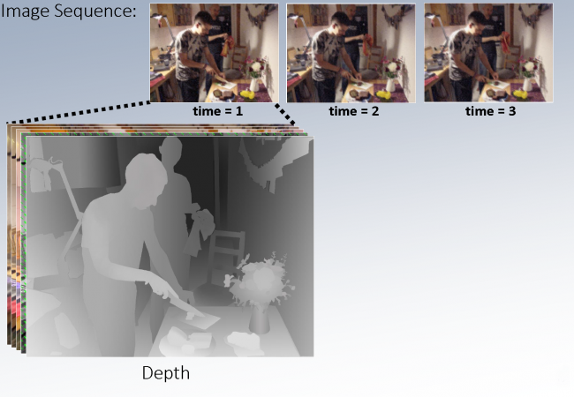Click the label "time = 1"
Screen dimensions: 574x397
click(x=218, y=111)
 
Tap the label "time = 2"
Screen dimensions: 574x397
click(x=354, y=111)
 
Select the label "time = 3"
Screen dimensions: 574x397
click(x=490, y=111)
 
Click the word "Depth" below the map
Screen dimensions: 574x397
click(x=166, y=373)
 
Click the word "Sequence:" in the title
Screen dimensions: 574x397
click(x=95, y=11)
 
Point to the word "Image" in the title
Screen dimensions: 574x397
click(x=26, y=11)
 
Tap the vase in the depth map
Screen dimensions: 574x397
click(x=259, y=320)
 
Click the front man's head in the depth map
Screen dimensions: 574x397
click(x=146, y=181)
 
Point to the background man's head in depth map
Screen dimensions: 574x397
click(x=171, y=150)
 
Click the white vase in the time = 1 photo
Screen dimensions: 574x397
click(x=254, y=85)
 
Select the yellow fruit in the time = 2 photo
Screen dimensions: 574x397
click(x=383, y=94)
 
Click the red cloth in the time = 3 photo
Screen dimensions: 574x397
click(x=505, y=41)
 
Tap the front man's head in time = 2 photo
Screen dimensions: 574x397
click(x=341, y=23)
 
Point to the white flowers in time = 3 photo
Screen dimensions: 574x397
click(x=529, y=66)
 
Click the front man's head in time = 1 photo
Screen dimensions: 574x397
click(x=203, y=22)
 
